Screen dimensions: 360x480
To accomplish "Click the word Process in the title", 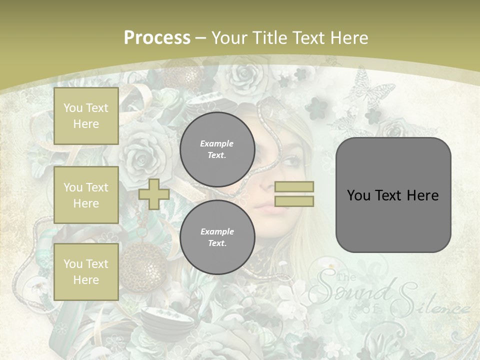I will click(157, 37).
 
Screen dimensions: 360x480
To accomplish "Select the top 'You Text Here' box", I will click(86, 116).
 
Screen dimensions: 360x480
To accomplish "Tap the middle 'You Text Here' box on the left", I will click(86, 195).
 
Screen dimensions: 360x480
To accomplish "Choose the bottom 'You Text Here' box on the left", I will click(86, 272).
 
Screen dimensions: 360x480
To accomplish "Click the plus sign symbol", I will click(154, 194).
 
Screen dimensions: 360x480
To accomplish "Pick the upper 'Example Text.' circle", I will click(217, 149).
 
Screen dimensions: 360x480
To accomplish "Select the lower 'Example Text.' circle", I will click(217, 237).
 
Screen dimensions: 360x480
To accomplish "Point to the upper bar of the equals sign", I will click(294, 187).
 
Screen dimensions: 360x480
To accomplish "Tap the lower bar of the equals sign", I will click(294, 201).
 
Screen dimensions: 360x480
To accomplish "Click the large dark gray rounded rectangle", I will click(393, 195).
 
